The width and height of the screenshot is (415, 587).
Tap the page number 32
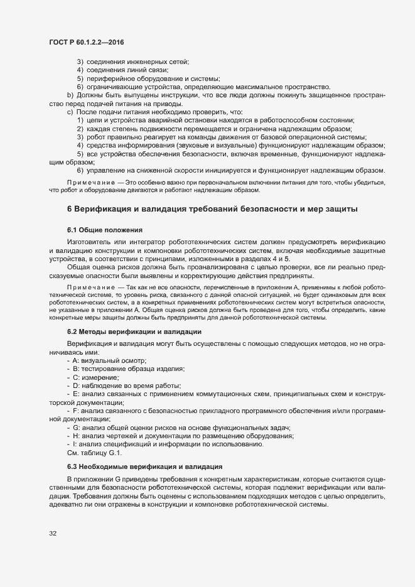pos(53,534)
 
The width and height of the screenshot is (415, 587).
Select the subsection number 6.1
pos(72,229)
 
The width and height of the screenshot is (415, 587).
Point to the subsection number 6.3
pos(72,467)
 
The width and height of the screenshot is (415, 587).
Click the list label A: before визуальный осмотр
pos(76,361)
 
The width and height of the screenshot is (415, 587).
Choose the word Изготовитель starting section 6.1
pos(89,242)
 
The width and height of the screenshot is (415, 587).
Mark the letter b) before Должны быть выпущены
pos(70,95)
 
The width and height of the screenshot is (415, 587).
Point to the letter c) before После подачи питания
pos(70,111)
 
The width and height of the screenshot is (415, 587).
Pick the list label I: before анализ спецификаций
pos(75,444)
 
